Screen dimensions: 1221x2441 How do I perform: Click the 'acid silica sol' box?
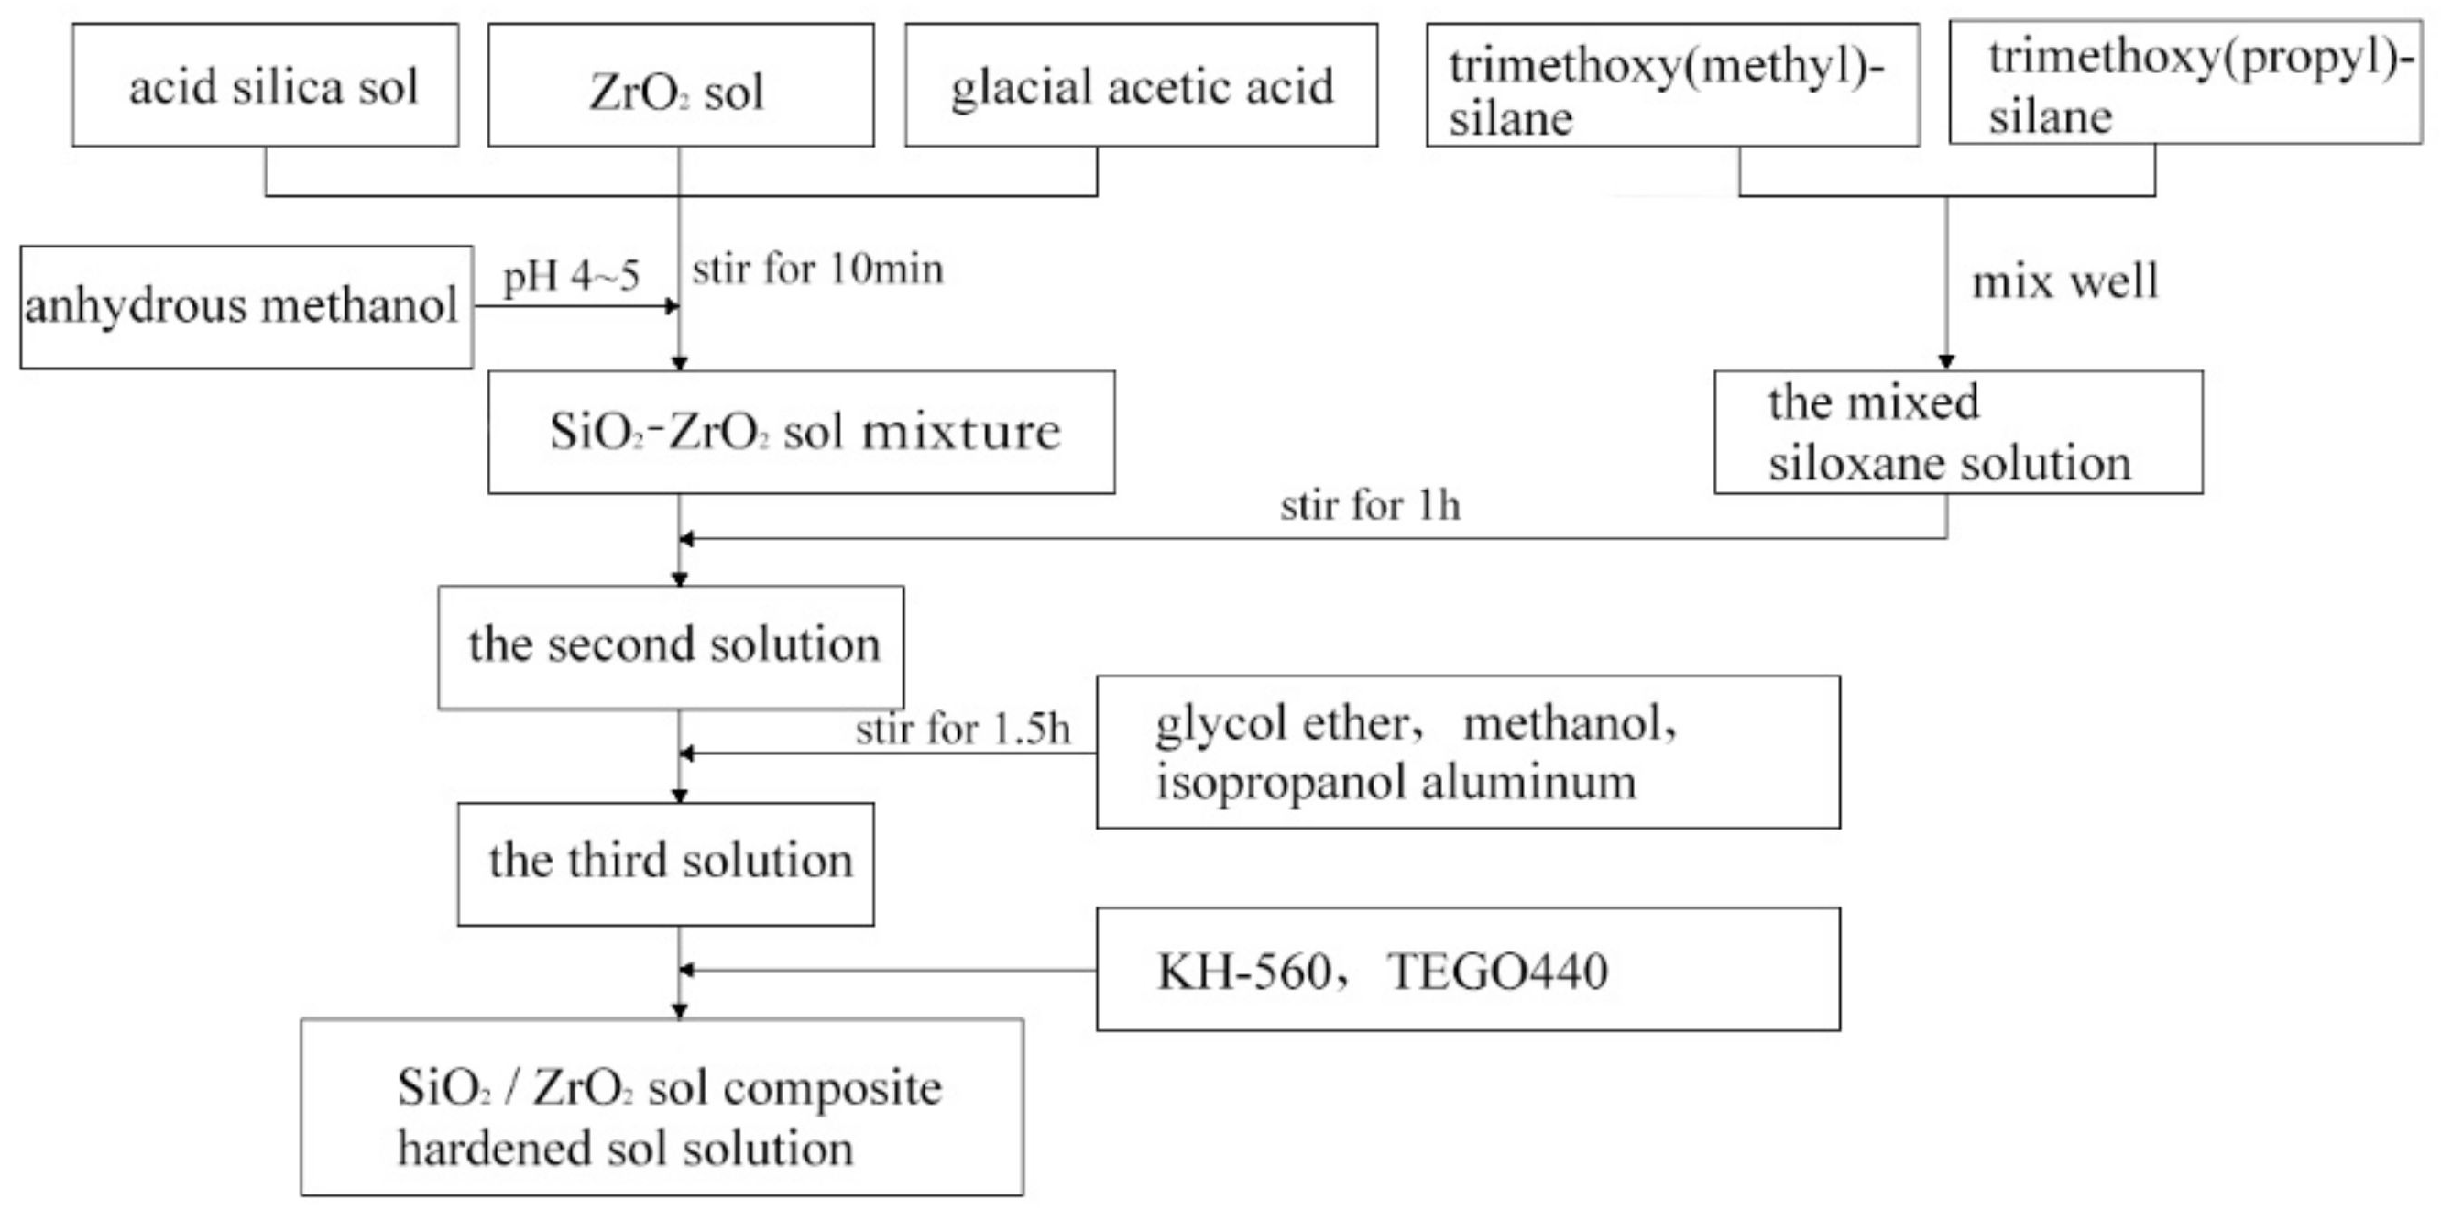pyautogui.click(x=266, y=85)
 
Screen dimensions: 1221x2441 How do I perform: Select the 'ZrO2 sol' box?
pyautogui.click(x=681, y=85)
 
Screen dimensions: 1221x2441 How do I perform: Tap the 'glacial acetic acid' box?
pyautogui.click(x=1141, y=85)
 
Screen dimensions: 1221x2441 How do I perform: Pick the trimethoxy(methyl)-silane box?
pyautogui.click(x=1672, y=85)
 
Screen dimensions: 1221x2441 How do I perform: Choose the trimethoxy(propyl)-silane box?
pyautogui.click(x=2185, y=83)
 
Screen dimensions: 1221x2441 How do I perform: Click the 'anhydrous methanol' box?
pyautogui.click(x=246, y=307)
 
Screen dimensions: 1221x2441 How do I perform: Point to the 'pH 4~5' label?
pyautogui.click(x=572, y=276)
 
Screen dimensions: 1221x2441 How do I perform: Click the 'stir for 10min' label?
pyautogui.click(x=817, y=269)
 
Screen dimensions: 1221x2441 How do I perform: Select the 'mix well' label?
pyautogui.click(x=2064, y=281)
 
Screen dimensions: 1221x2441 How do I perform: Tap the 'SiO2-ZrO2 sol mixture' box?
pyautogui.click(x=801, y=433)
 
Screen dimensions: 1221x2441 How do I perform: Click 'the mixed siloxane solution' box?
pyautogui.click(x=1958, y=433)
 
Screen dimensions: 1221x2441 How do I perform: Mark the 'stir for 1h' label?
pyautogui.click(x=1370, y=505)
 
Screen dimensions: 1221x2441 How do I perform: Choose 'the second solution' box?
pyautogui.click(x=671, y=646)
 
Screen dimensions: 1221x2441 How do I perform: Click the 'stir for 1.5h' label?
pyautogui.click(x=963, y=729)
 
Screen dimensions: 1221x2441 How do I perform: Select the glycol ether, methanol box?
pyautogui.click(x=1468, y=752)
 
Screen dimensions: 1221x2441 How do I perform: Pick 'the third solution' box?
pyautogui.click(x=665, y=863)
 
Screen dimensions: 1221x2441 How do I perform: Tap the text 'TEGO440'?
pyautogui.click(x=1497, y=972)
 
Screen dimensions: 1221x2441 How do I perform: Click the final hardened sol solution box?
pyautogui.click(x=662, y=1106)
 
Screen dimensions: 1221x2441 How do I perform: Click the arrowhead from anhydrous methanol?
pyautogui.click(x=673, y=305)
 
